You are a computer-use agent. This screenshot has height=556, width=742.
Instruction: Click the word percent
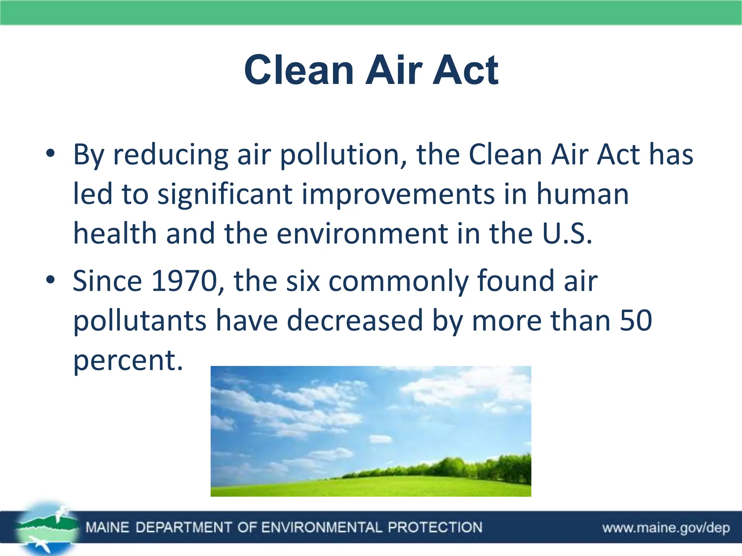(x=128, y=360)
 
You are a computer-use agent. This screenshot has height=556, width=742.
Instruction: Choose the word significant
(x=225, y=194)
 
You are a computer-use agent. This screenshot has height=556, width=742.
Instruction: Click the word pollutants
(x=139, y=321)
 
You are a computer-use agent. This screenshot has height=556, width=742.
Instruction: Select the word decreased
(x=355, y=320)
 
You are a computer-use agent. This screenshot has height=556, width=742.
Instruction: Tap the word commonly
(x=398, y=282)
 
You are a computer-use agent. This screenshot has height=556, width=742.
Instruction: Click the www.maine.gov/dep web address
(x=666, y=528)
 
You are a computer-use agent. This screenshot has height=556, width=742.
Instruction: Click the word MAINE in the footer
(x=107, y=527)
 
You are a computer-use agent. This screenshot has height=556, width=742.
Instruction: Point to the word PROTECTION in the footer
(x=435, y=527)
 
